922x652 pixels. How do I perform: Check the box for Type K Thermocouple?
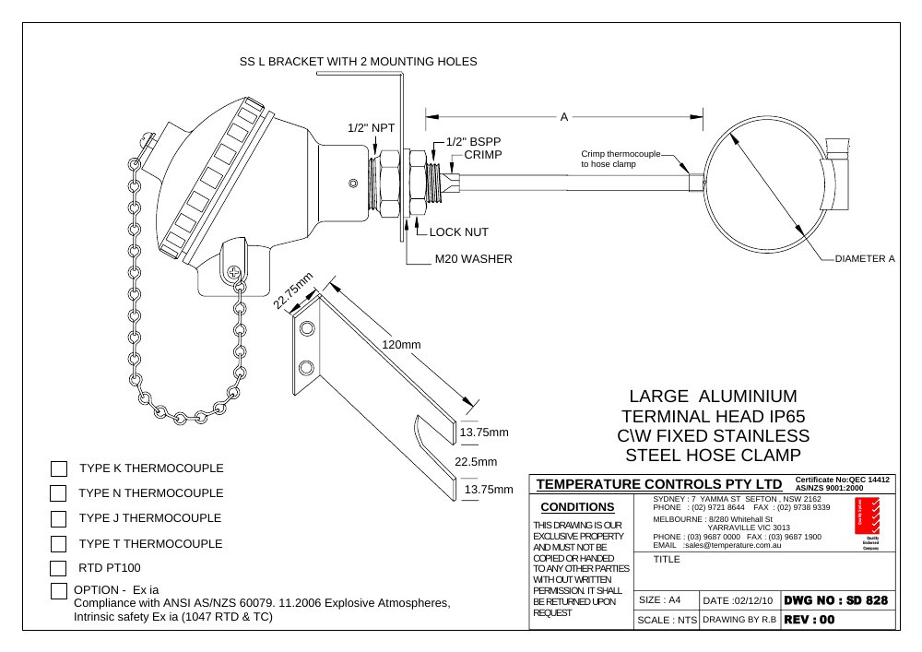(59, 468)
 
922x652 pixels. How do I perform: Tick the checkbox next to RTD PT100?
(58, 568)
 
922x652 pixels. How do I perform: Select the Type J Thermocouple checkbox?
(58, 519)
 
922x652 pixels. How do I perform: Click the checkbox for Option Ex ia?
(59, 591)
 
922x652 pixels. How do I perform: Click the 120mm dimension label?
(402, 345)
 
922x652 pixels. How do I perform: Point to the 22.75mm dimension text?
(293, 290)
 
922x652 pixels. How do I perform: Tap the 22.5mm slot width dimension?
(476, 461)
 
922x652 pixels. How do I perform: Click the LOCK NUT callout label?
(458, 232)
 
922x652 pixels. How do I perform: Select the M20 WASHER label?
(473, 259)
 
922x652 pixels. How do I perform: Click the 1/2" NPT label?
(371, 128)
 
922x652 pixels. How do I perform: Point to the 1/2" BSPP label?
(473, 142)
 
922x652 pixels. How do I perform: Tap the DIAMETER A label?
(865, 259)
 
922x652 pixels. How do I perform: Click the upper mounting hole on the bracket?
(307, 327)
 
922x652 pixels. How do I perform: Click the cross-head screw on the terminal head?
(234, 272)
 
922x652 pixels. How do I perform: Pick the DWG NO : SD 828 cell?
(835, 600)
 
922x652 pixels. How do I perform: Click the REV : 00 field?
(810, 620)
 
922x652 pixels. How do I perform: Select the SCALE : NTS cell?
(667, 621)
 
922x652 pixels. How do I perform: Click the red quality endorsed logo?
(868, 516)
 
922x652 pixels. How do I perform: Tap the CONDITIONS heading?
(577, 507)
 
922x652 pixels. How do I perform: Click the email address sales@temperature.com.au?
(733, 545)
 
